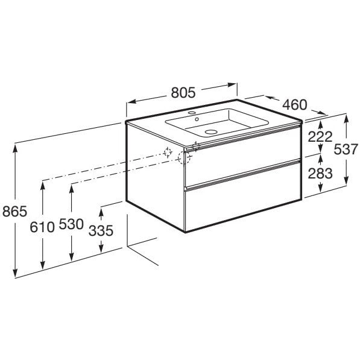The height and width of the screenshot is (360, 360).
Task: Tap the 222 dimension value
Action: tap(319, 137)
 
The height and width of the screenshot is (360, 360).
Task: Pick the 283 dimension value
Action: tap(319, 174)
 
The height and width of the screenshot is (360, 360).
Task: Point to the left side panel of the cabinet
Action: tap(155, 175)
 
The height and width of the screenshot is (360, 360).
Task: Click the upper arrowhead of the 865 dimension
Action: tap(14, 147)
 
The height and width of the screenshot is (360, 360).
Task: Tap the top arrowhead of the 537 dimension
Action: tap(346, 118)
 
